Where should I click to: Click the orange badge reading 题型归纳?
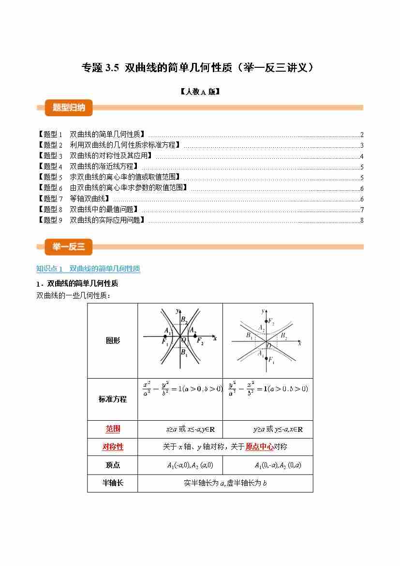pyautogui.click(x=69, y=107)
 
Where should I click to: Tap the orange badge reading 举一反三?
pyautogui.click(x=69, y=247)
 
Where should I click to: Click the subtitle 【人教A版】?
pyautogui.click(x=199, y=91)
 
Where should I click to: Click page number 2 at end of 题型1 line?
pyautogui.click(x=362, y=135)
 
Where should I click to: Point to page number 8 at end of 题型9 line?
pyautogui.click(x=362, y=221)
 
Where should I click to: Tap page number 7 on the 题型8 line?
pyautogui.click(x=362, y=210)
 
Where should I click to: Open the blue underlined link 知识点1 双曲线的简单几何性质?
pyautogui.click(x=88, y=268)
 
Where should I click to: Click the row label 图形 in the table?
pyautogui.click(x=113, y=340)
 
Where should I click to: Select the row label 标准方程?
pyautogui.click(x=113, y=399)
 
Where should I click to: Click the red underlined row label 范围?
pyautogui.click(x=113, y=429)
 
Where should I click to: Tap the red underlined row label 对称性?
pyautogui.click(x=113, y=447)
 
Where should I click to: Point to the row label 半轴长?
pyautogui.click(x=113, y=483)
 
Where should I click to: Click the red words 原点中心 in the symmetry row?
pyautogui.click(x=259, y=447)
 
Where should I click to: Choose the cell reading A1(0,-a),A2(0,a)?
pyautogui.click(x=278, y=465)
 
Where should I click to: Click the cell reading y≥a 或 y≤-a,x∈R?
pyautogui.click(x=278, y=429)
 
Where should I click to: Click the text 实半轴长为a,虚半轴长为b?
pyautogui.click(x=225, y=483)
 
